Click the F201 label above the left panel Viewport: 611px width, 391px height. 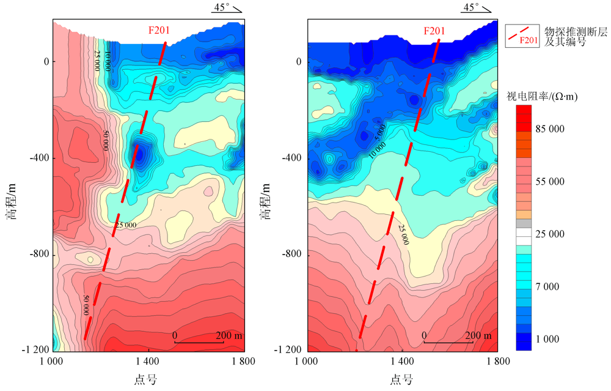[159, 29]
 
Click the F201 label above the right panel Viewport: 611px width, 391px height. [434, 31]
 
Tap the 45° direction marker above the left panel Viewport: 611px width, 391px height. [227, 7]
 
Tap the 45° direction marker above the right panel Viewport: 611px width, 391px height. [476, 7]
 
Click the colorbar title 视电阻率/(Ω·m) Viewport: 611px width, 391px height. [542, 96]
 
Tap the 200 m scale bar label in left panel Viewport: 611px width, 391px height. [229, 336]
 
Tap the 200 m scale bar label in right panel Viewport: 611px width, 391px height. [478, 336]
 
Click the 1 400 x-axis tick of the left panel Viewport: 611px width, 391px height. [148, 362]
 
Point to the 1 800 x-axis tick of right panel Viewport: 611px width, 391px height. [497, 362]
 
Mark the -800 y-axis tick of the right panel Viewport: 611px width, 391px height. [291, 254]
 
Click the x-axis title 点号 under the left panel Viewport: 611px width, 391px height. [145, 380]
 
